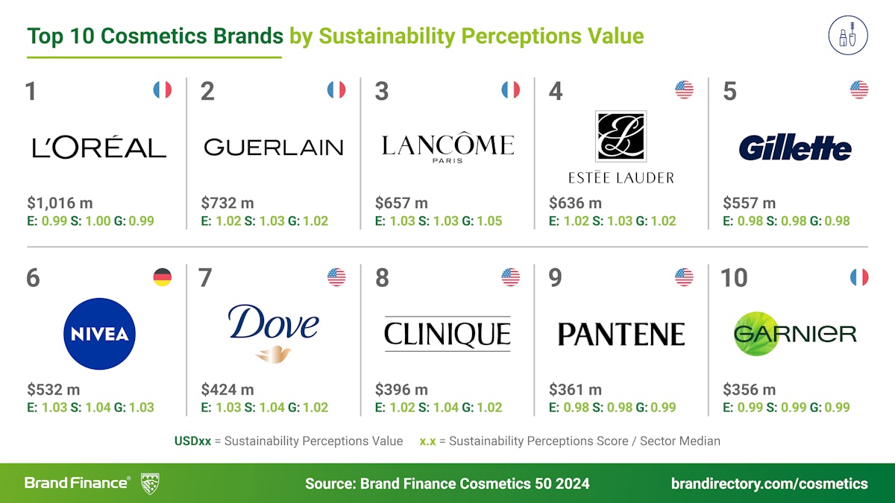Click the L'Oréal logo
coord(99,147)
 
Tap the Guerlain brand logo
coord(273,147)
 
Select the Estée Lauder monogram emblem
coord(621,136)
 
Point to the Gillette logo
coord(795,148)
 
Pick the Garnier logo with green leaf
coord(795,333)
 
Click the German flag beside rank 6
coord(163,277)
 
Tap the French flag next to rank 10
coord(859,277)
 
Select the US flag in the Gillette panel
coord(859,90)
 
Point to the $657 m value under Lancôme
coord(401,203)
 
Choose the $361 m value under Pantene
coord(575,389)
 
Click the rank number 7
coord(206,278)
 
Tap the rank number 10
coord(734,278)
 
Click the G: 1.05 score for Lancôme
coord(482,221)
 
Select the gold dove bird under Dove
coord(272,353)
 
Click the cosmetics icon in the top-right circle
coord(847,35)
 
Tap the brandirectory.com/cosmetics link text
coord(769,484)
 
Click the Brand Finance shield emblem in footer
coord(150,483)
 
